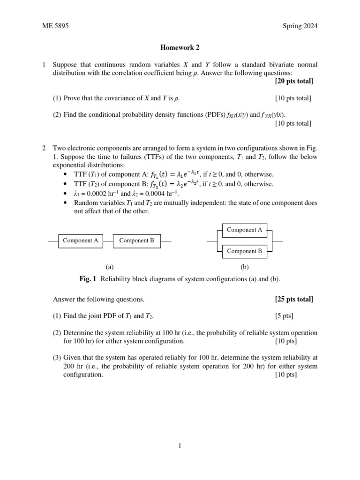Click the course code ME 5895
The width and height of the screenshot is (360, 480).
pyautogui.click(x=55, y=26)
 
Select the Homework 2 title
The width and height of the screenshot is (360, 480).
pyautogui.click(x=180, y=47)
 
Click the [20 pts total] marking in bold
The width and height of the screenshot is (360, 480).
pyautogui.click(x=294, y=81)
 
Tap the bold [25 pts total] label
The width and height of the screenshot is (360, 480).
pyautogui.click(x=294, y=299)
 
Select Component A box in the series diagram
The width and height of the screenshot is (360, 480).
pyautogui.click(x=81, y=240)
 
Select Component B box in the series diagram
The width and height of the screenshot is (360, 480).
pyautogui.click(x=137, y=240)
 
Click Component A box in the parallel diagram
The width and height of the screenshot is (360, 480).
pyautogui.click(x=244, y=230)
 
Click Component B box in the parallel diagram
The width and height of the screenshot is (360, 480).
pyautogui.click(x=244, y=251)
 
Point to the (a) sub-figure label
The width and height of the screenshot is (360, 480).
pyautogui.click(x=109, y=267)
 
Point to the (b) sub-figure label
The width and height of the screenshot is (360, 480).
pyautogui.click(x=244, y=267)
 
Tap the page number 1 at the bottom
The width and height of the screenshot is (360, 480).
pyautogui.click(x=180, y=446)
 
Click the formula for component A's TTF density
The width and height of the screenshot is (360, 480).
pyautogui.click(x=175, y=174)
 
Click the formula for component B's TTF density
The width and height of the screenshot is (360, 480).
pyautogui.click(x=175, y=184)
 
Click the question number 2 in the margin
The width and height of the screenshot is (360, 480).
pyautogui.click(x=44, y=148)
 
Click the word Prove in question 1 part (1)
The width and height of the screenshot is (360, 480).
pyautogui.click(x=72, y=98)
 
